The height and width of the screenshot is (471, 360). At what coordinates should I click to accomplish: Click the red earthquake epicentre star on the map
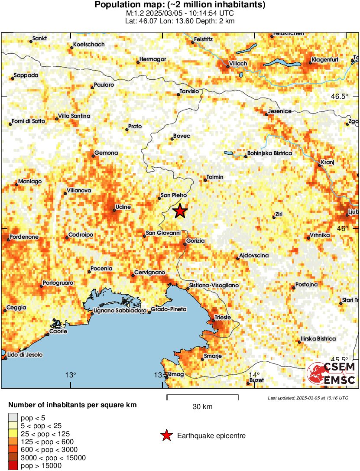180,211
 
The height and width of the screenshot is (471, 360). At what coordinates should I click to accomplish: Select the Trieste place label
223,318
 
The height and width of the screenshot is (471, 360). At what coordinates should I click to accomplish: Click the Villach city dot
228,67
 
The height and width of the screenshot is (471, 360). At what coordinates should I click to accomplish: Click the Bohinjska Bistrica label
269,153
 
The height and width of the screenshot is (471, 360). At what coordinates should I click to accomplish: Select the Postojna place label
307,285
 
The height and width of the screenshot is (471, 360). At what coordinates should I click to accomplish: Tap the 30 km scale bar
202,395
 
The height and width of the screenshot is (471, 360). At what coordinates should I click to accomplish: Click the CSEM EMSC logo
331,374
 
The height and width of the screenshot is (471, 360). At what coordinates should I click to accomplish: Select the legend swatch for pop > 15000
13,466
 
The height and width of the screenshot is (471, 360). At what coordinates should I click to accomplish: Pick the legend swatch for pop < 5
13,417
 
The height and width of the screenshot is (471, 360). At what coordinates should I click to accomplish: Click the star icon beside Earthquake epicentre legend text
166,436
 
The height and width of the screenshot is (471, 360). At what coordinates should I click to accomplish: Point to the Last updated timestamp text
308,398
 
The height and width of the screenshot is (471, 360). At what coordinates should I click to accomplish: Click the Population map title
180,5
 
